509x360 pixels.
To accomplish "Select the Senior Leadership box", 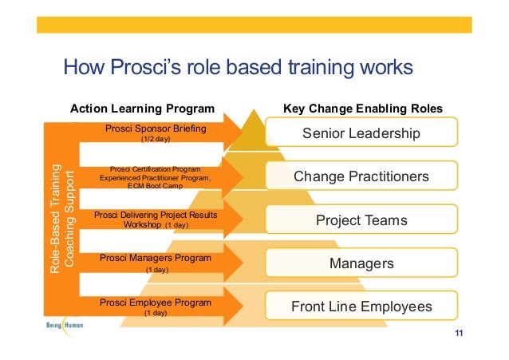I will point(361,133).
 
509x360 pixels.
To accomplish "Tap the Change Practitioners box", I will point(361,176).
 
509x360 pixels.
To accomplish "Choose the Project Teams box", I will point(361,220).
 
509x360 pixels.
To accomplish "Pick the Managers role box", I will point(361,263).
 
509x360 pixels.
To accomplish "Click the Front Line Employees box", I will point(361,307).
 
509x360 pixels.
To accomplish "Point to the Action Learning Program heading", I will point(143,108).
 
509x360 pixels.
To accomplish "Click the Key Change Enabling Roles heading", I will point(363,108).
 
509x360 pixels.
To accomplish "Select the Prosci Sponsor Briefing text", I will point(156,128).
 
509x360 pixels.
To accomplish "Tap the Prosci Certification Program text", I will point(156,168).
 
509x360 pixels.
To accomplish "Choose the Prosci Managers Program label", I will point(156,259).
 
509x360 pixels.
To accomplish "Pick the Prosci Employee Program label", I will point(156,303).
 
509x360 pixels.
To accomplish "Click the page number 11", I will point(458,333).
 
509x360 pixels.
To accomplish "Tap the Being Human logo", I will point(63,326).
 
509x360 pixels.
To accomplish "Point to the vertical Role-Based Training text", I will point(54,220).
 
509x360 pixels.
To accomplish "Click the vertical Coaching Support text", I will point(69,220).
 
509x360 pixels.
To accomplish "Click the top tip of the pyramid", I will point(254,112).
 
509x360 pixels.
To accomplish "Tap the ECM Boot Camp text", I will point(156,187).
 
